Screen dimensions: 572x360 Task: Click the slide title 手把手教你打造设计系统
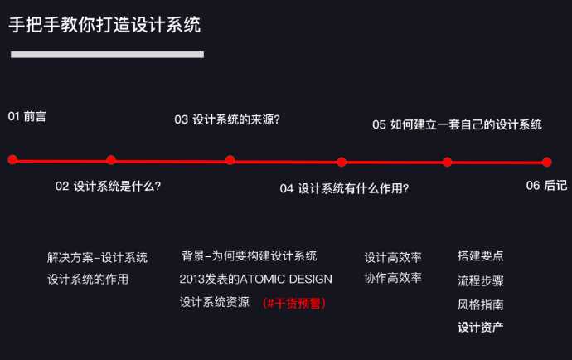pos(104,24)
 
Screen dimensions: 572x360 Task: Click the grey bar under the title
pos(107,55)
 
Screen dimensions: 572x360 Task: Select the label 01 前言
pos(27,116)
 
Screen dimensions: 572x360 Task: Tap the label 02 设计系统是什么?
pos(108,186)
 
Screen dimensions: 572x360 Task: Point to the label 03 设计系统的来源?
pos(227,119)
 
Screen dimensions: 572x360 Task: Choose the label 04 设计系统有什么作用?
pos(344,188)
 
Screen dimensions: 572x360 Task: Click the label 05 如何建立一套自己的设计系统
pos(457,124)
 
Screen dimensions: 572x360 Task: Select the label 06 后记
pos(546,186)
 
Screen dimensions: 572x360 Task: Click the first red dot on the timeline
pos(12,159)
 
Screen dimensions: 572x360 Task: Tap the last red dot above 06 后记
pos(546,162)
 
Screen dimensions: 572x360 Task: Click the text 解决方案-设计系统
pos(97,257)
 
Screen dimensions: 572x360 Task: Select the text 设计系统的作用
pos(88,280)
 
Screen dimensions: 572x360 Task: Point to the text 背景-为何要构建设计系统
pos(250,255)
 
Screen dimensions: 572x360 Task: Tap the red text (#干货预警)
pos(294,303)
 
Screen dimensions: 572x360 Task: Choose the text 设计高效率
pos(393,257)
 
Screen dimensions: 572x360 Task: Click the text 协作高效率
pos(393,278)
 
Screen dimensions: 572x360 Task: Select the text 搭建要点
pos(481,255)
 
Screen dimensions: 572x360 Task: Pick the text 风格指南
pos(481,304)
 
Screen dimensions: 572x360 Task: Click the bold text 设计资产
pos(481,327)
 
